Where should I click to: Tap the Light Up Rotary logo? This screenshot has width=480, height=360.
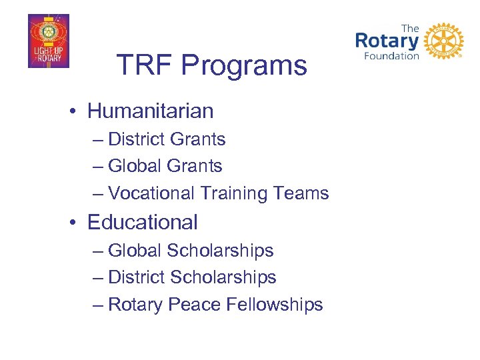tap(48, 41)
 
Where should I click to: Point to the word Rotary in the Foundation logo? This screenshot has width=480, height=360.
tap(387, 40)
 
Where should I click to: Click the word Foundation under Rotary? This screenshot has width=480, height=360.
tap(391, 56)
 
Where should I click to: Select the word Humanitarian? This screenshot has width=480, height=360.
tap(150, 111)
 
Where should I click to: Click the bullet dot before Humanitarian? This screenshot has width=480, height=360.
tap(77, 111)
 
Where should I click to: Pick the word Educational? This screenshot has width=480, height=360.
tap(143, 222)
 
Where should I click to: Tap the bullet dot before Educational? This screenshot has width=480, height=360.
tap(77, 223)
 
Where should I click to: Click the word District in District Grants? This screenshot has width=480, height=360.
tap(136, 139)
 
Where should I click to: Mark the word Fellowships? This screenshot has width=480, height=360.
tap(275, 305)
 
